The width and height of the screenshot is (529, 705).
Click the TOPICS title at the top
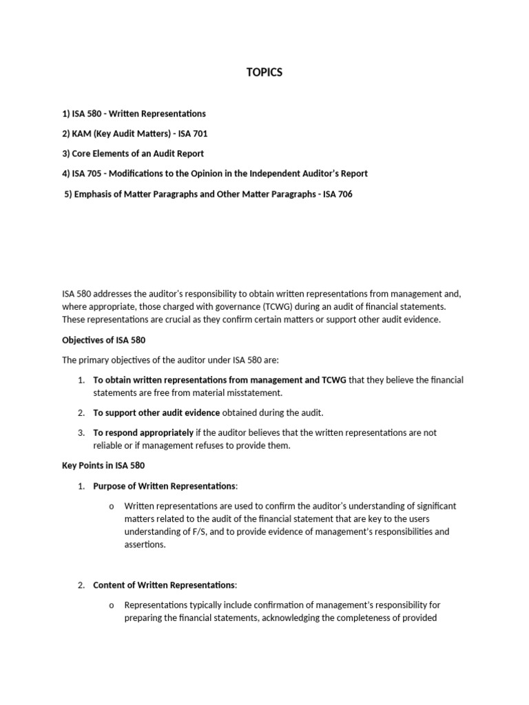264,73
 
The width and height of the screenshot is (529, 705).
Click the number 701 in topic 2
198,134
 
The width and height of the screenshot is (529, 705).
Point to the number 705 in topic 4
98,173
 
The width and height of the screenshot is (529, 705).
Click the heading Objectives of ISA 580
104,340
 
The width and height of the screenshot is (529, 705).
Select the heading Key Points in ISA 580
103,465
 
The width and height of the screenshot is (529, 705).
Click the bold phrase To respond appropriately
143,432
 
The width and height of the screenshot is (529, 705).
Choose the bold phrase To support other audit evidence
156,412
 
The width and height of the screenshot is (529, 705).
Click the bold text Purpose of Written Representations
164,486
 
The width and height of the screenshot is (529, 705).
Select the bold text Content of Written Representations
164,585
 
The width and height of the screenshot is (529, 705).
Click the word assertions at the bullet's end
145,545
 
